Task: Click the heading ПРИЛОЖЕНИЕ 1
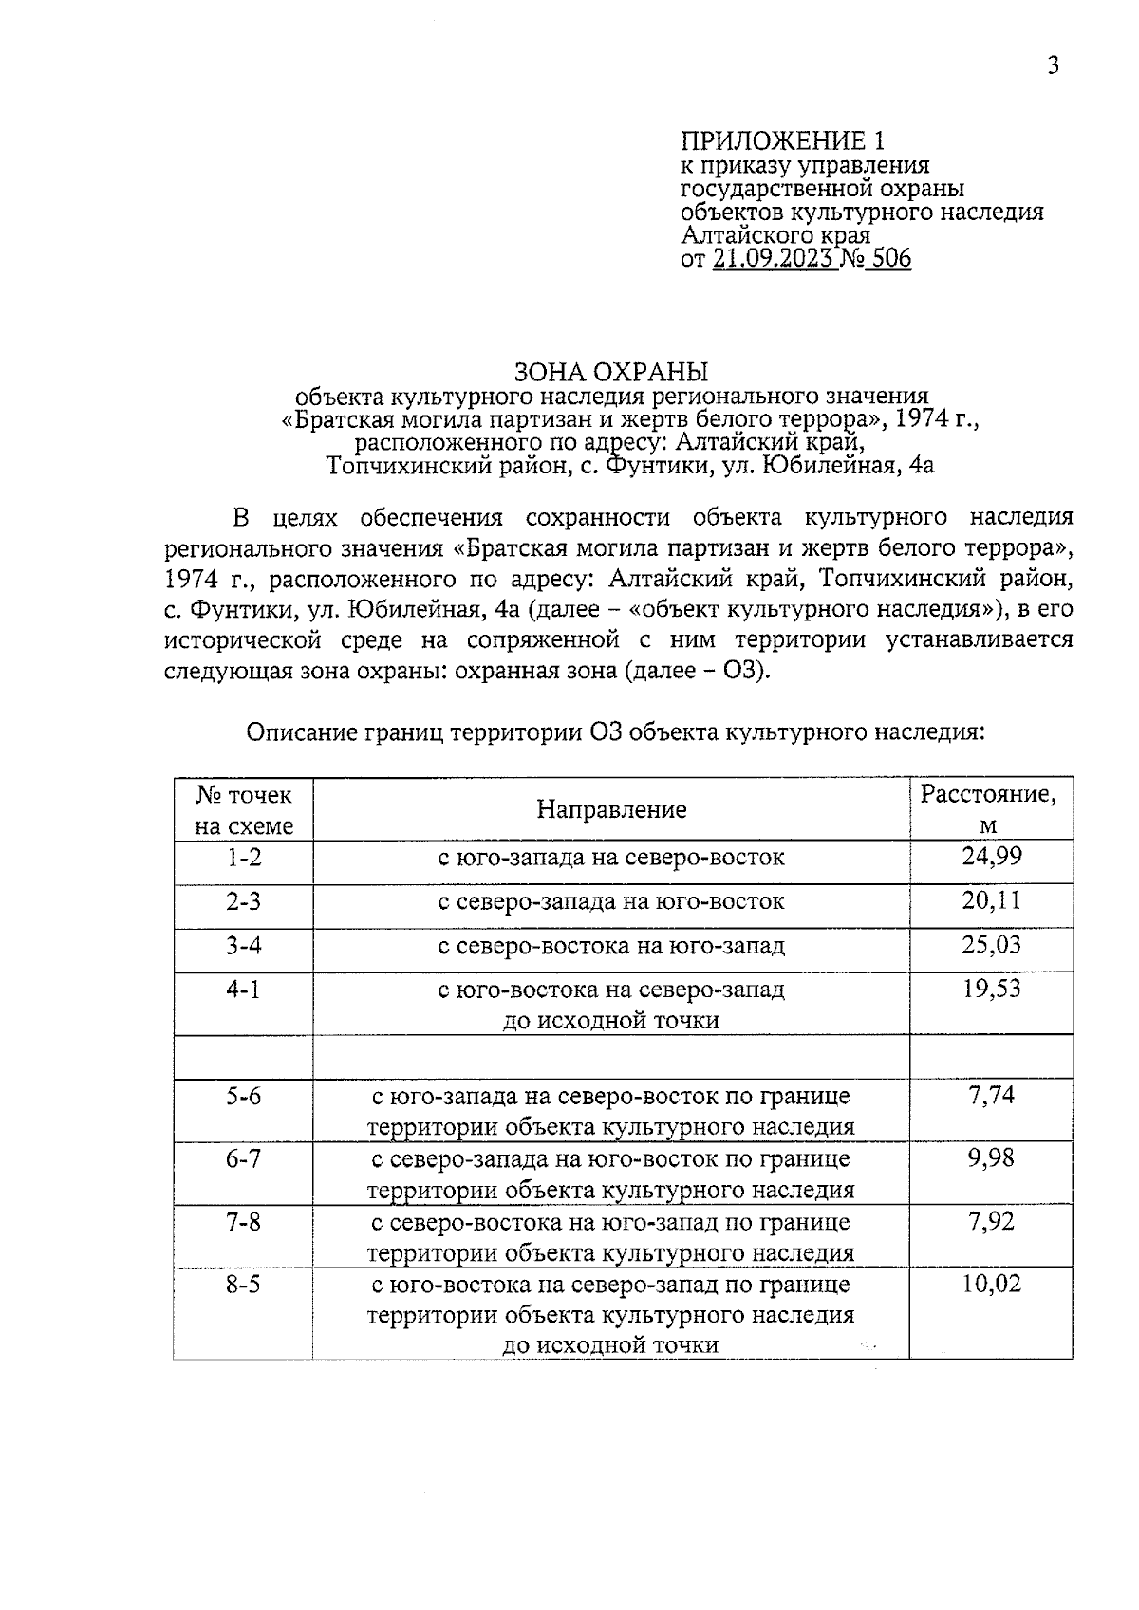[783, 141]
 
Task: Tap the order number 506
[890, 259]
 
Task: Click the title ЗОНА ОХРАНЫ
[611, 371]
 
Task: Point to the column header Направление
[611, 809]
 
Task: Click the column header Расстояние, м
[989, 808]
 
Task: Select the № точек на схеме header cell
[244, 809]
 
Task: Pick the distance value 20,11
[991, 900]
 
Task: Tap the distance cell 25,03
[991, 945]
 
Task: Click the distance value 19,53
[991, 989]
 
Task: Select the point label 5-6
[243, 1096]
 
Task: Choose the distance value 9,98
[991, 1158]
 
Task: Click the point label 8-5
[243, 1285]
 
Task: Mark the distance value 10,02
[991, 1285]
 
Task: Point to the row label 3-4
[243, 945]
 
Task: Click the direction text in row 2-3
[611, 901]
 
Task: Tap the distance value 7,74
[991, 1096]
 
